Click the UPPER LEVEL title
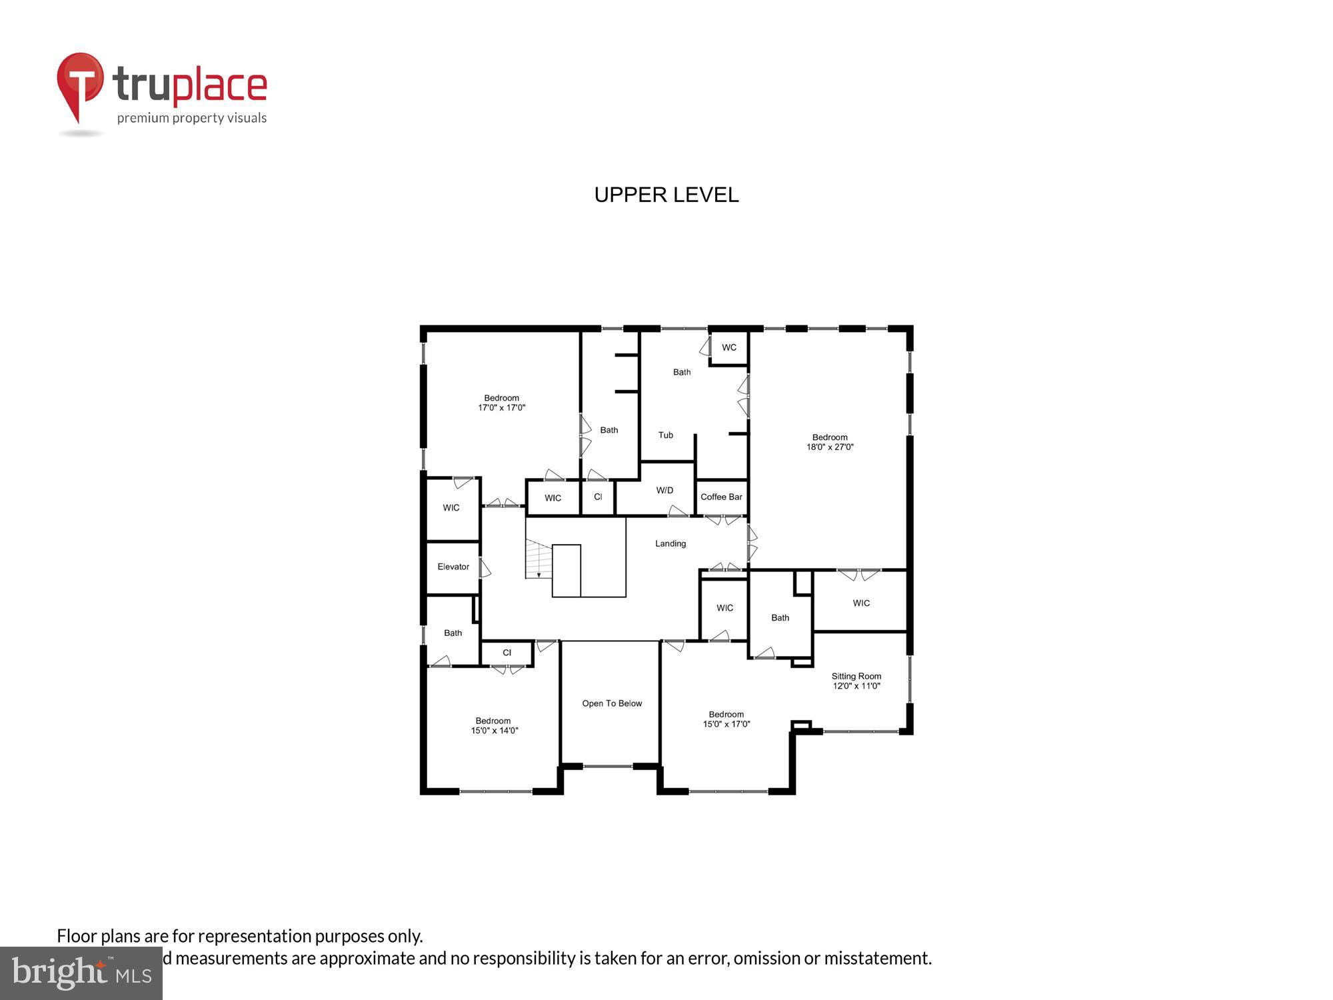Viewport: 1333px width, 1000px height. tap(666, 195)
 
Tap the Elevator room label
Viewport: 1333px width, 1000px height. tap(453, 567)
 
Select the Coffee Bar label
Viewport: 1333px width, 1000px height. tap(721, 497)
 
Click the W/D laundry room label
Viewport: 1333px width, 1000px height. tap(665, 490)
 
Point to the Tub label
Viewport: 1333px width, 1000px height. tap(666, 435)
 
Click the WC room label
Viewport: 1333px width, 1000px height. tap(729, 347)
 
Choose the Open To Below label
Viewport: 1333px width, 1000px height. tap(612, 703)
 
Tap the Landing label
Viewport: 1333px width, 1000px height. tap(670, 543)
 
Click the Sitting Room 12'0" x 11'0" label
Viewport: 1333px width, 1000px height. tap(856, 681)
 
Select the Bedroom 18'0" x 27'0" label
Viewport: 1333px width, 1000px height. tap(830, 442)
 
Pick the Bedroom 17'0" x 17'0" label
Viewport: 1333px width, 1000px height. tap(501, 403)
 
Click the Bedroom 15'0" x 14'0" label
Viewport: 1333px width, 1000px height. tap(493, 725)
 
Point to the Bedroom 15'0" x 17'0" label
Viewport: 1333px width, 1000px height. tap(726, 719)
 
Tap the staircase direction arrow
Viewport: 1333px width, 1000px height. tap(539, 573)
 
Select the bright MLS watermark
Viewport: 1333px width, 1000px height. tap(81, 973)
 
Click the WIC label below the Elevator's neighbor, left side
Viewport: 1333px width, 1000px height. tap(451, 507)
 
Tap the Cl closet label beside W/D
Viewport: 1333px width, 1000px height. tap(598, 497)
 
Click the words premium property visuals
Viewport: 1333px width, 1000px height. tap(192, 118)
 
